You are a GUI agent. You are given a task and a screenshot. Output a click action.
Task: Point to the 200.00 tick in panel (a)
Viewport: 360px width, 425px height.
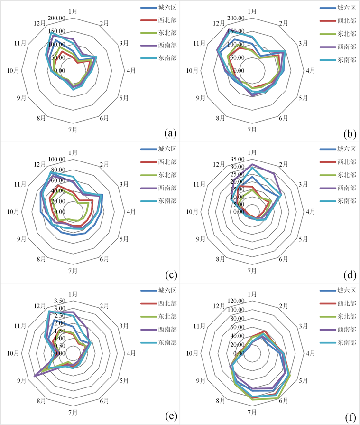click(x=57, y=18)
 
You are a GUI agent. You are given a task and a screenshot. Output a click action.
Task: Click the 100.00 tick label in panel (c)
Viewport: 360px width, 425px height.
click(x=57, y=159)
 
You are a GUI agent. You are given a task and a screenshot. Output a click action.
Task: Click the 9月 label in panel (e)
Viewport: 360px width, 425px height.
click(x=21, y=380)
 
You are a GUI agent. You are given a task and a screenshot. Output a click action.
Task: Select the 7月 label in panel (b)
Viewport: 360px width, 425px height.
click(x=252, y=129)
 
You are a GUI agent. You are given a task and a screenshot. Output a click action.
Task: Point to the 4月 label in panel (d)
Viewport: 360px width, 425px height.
click(x=311, y=212)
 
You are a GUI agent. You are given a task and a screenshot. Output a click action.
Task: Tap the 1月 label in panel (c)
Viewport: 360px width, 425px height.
click(x=73, y=152)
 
